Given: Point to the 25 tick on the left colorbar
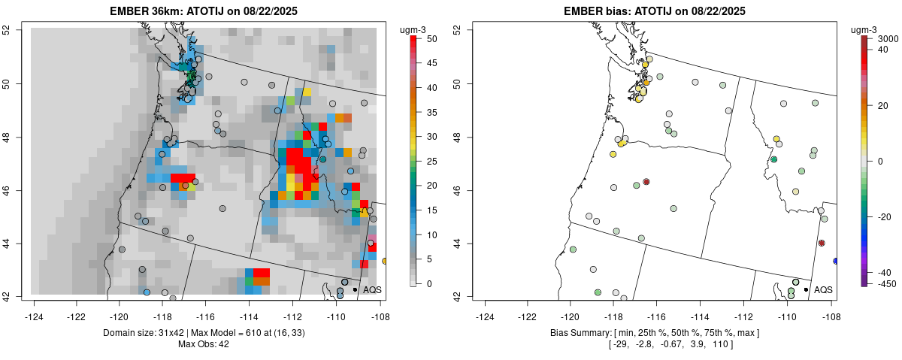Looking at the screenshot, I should point(425,161).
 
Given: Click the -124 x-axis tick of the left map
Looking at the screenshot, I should point(35,307).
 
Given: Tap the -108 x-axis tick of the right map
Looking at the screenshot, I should point(830,307).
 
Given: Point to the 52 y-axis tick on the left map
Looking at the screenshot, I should point(14,29).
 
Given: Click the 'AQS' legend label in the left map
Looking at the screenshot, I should point(372,289).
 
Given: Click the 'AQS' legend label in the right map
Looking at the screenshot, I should point(823,289).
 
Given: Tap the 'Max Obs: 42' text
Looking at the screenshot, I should point(204,344).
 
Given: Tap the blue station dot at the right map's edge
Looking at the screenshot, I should point(836,261).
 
